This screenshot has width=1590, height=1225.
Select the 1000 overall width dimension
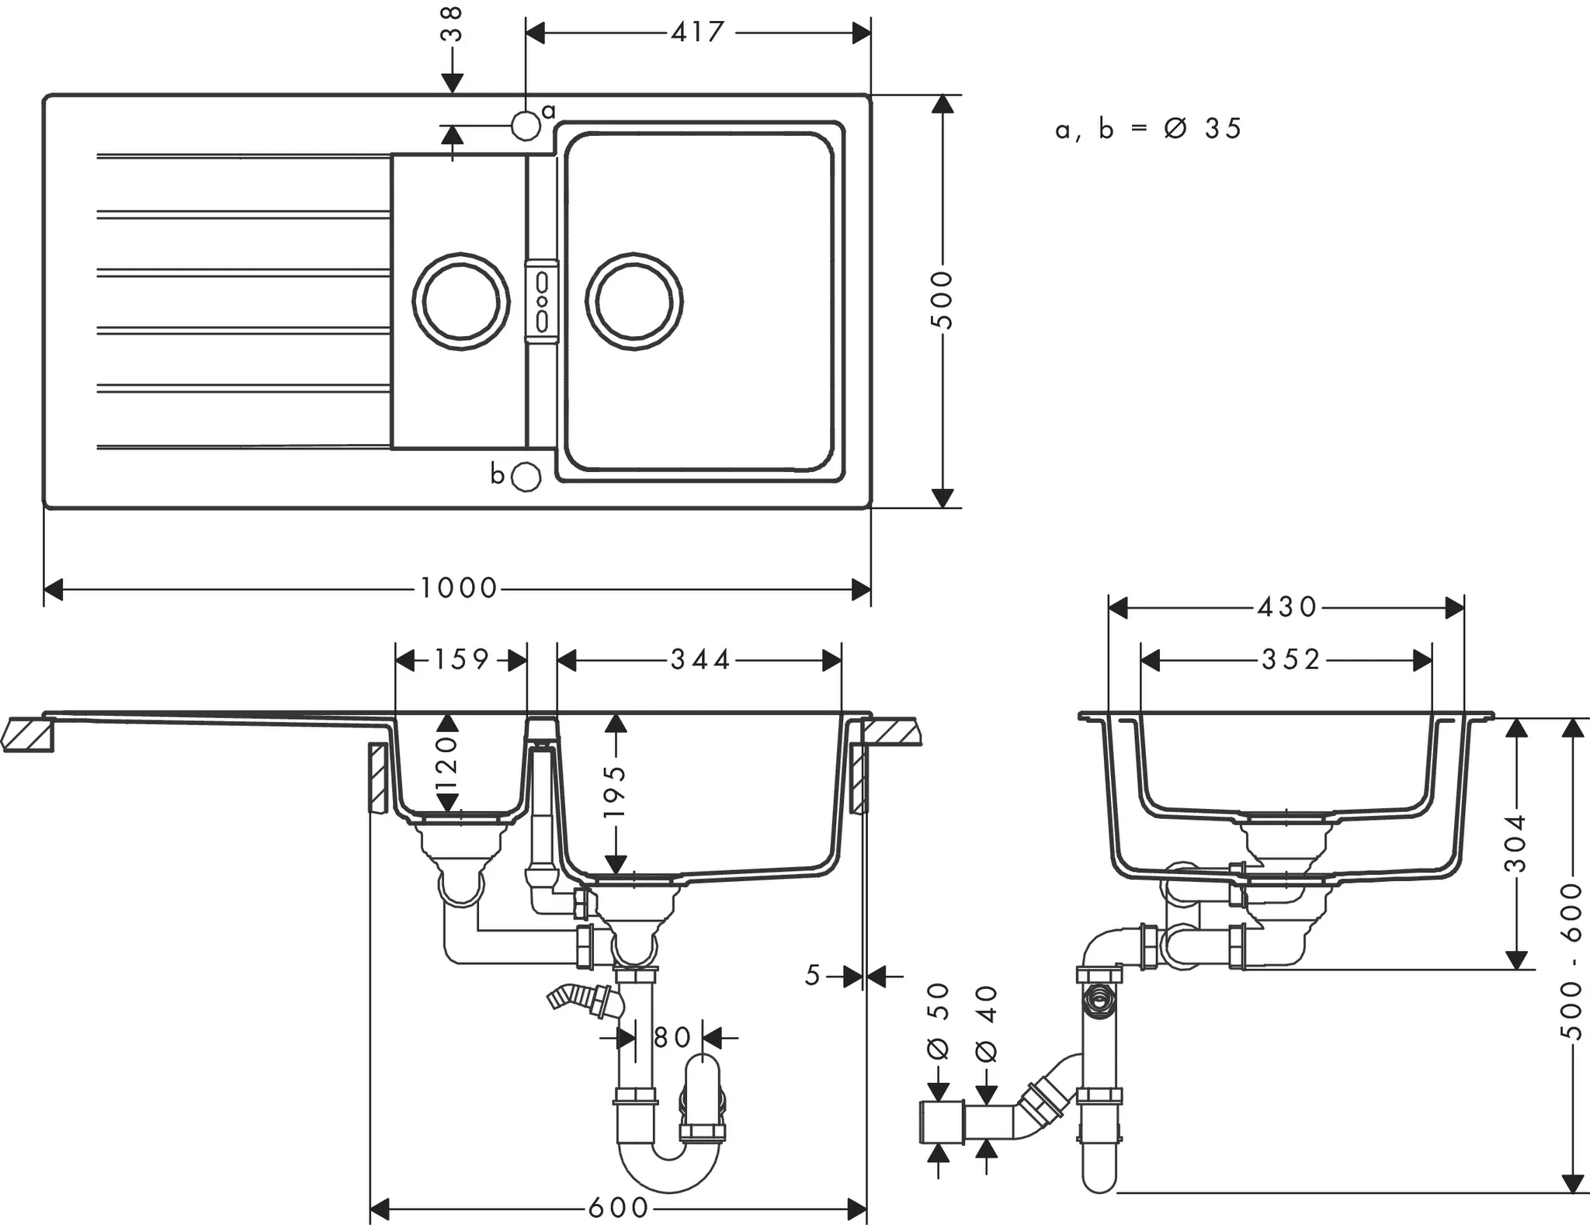(458, 588)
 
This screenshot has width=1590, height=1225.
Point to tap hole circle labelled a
(526, 126)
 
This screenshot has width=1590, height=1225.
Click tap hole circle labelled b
(526, 476)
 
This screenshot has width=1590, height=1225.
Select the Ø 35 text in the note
(1204, 129)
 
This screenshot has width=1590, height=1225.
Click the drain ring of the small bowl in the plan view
(460, 301)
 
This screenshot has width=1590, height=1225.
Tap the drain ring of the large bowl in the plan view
(634, 301)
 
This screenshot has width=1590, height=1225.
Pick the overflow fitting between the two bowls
(542, 301)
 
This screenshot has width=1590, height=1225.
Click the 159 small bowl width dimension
(461, 660)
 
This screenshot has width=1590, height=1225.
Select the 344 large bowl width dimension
(700, 660)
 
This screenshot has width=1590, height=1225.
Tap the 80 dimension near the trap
(672, 1037)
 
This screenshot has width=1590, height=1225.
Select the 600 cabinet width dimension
(618, 1207)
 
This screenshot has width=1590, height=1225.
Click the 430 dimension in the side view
(1287, 607)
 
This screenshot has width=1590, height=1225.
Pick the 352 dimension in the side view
(1290, 660)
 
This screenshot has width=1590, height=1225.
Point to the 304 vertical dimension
(1516, 844)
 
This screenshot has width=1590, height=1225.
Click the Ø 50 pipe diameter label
(939, 1021)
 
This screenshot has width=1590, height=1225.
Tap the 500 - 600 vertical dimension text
(1571, 961)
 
